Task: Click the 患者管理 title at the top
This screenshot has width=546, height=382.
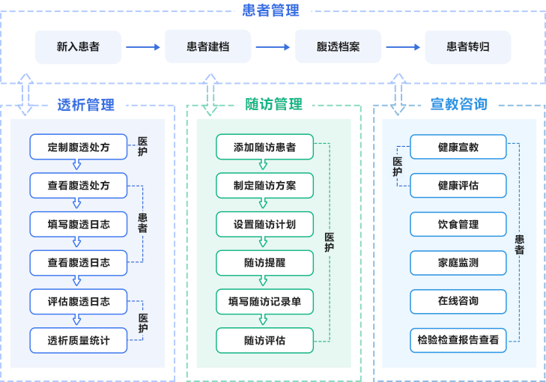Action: click(x=270, y=10)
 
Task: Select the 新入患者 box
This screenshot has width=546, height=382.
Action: click(x=78, y=46)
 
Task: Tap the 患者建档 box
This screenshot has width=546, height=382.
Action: click(x=207, y=46)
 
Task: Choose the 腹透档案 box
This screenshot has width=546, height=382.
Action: click(x=338, y=46)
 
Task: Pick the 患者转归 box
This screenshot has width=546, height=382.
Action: click(x=468, y=46)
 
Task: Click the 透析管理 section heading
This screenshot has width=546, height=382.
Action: click(x=86, y=105)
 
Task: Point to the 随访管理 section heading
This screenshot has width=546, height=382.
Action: click(x=273, y=105)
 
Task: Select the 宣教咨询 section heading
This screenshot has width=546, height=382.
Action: click(x=458, y=105)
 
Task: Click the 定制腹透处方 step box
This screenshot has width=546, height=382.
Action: click(x=79, y=147)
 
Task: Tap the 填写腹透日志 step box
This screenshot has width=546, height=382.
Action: click(x=79, y=224)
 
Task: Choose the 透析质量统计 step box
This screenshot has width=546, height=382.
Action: click(x=79, y=340)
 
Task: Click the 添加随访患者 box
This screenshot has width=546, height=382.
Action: click(x=264, y=147)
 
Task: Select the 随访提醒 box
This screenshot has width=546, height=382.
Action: click(x=264, y=263)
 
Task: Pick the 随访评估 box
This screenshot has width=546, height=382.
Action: click(x=264, y=340)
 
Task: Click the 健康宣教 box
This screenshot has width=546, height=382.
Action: click(x=458, y=147)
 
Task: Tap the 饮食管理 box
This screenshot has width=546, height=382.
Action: click(x=458, y=224)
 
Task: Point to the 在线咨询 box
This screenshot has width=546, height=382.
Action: click(x=458, y=301)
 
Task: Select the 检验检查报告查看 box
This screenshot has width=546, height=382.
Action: click(x=458, y=340)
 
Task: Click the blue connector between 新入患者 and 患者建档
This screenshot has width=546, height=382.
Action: click(x=144, y=47)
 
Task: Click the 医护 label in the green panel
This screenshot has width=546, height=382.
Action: click(x=330, y=243)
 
